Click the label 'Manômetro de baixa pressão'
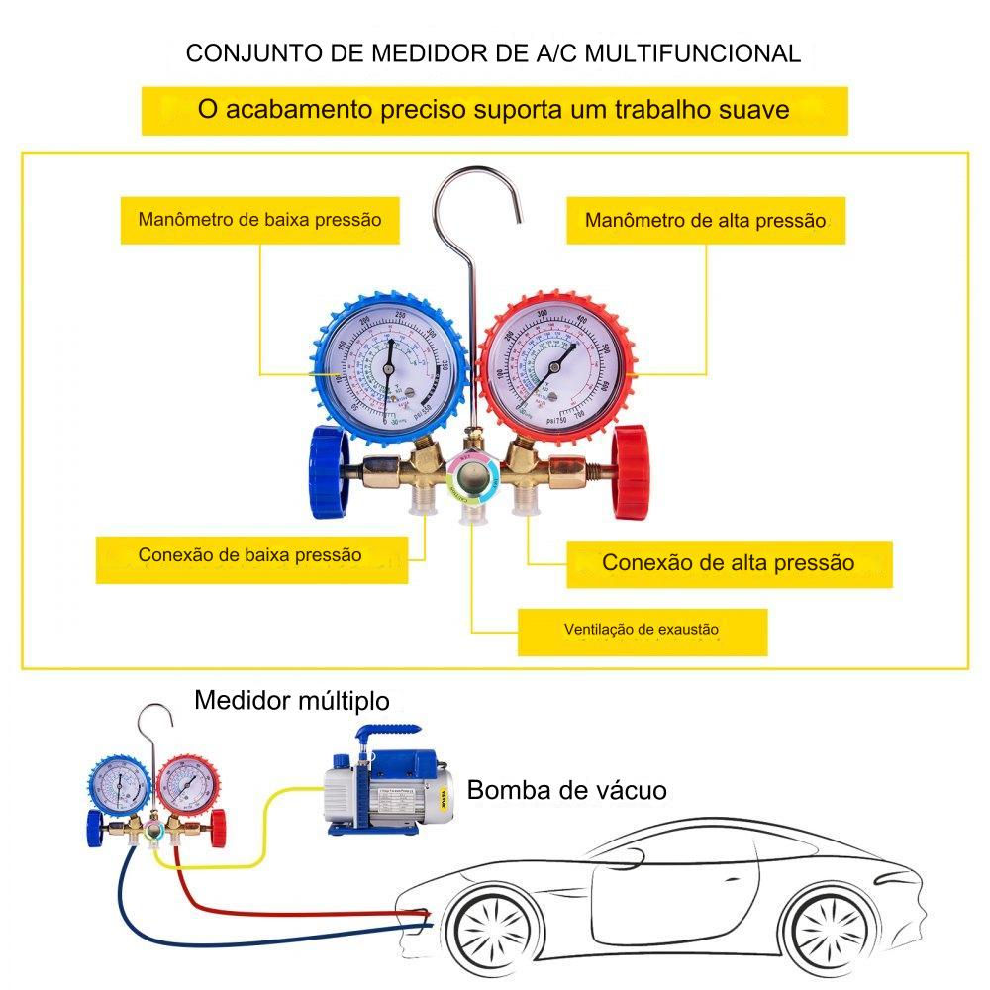click(x=259, y=219)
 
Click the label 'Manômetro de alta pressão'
click(x=705, y=220)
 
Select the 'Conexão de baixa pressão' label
click(x=250, y=555)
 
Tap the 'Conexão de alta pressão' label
click(x=728, y=563)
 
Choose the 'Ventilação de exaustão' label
click(x=642, y=629)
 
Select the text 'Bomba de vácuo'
click(x=566, y=790)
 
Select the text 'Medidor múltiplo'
click(x=292, y=701)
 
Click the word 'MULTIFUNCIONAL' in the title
click(x=692, y=53)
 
